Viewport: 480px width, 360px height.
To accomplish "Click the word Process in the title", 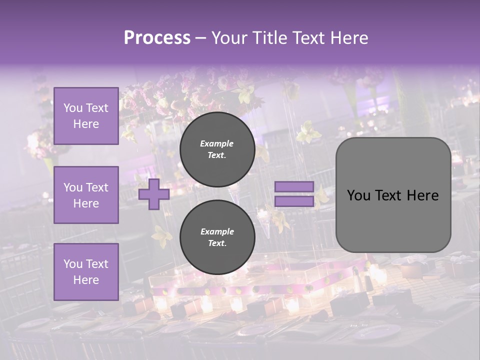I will (157, 38).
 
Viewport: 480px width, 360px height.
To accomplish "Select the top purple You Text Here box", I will (86, 116).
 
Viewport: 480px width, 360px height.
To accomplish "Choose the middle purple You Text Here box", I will (86, 195).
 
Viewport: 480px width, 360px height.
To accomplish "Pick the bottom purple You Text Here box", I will (86, 272).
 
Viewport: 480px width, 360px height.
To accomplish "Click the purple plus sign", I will (153, 194).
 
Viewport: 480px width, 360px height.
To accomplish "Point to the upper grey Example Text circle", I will (217, 149).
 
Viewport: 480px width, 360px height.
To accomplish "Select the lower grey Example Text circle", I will (217, 237).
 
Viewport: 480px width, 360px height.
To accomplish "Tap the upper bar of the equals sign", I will (294, 186).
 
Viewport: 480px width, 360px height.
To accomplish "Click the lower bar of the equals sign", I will (294, 201).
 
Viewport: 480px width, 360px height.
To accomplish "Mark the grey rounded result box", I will (393, 195).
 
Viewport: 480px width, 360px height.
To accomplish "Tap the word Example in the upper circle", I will (217, 143).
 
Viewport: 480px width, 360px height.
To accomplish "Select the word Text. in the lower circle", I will (217, 243).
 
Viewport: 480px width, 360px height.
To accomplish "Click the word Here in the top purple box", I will (86, 124).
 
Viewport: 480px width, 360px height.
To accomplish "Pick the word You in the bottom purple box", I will (73, 264).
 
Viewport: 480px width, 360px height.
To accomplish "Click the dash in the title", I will (201, 38).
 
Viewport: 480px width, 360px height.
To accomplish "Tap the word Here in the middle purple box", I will (86, 203).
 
